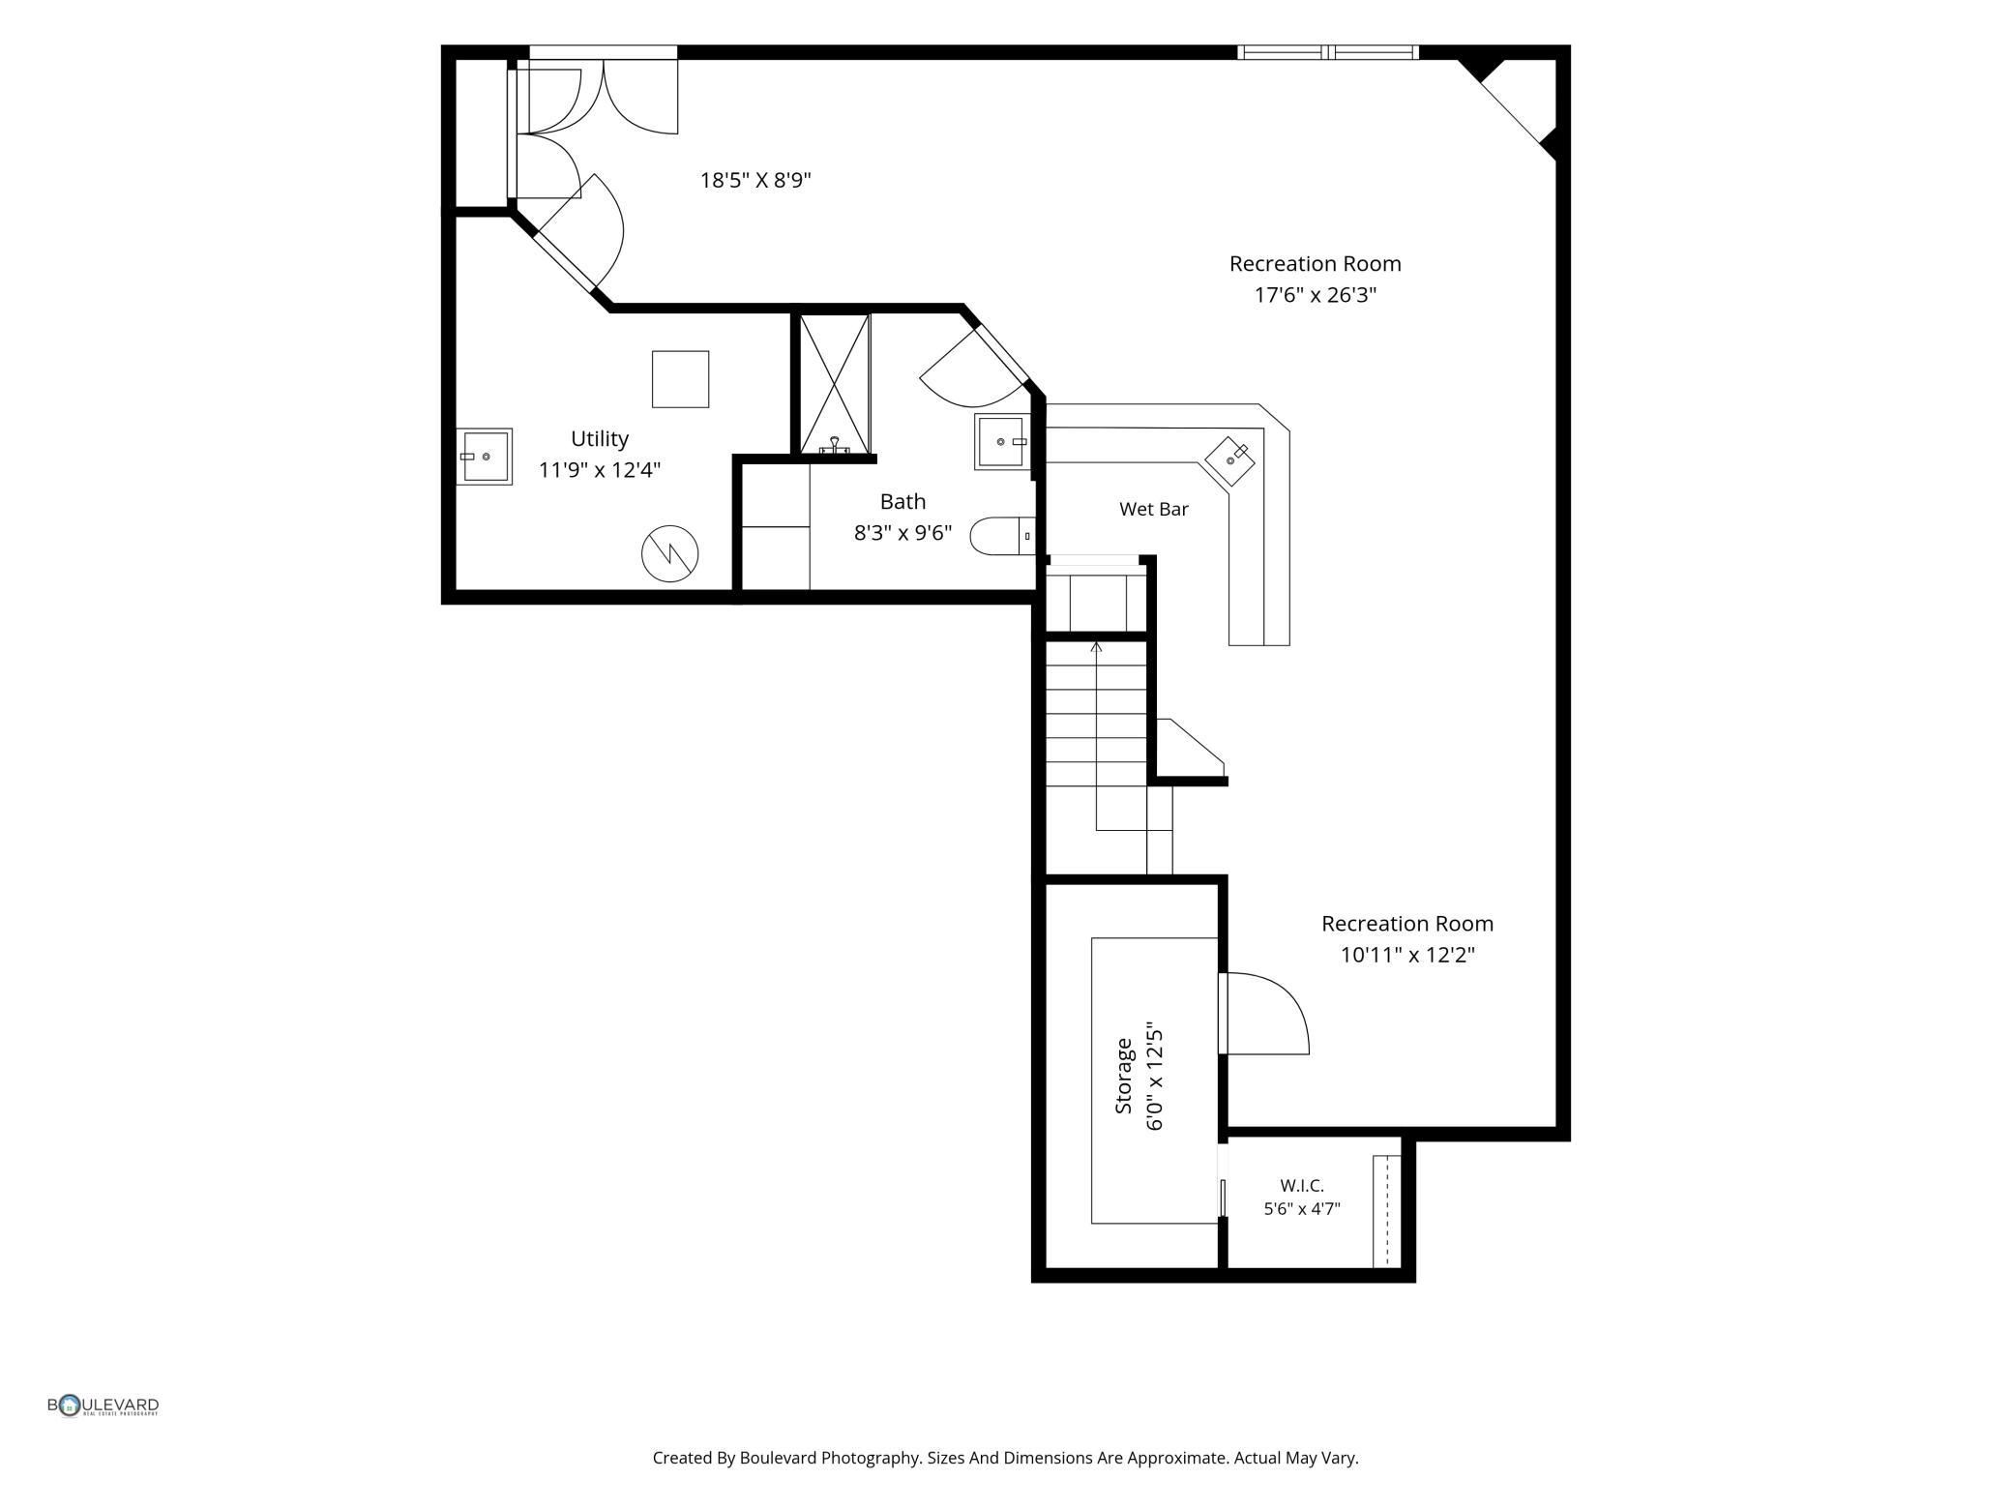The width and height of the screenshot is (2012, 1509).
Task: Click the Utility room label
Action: click(600, 439)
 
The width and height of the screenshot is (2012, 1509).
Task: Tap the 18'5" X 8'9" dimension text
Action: click(755, 180)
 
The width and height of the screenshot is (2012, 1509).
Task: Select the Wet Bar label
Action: click(1154, 509)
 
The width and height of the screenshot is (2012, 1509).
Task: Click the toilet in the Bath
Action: click(1002, 536)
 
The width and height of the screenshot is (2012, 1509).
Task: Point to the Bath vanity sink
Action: click(1002, 442)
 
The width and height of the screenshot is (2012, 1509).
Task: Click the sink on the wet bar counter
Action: click(1230, 459)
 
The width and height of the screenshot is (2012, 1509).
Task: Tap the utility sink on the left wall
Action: click(484, 456)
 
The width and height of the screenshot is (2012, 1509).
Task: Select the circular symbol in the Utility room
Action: click(670, 553)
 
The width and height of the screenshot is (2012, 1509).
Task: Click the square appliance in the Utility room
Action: click(680, 379)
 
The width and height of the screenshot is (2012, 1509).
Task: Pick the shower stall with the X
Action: click(835, 384)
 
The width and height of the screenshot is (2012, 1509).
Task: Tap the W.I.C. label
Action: click(1302, 1185)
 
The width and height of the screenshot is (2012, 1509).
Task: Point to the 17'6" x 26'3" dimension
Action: click(1316, 295)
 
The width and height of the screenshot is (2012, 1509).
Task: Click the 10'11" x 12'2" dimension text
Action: click(1407, 956)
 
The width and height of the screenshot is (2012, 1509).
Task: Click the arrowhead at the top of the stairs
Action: click(1096, 645)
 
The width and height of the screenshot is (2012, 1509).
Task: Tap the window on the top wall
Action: click(1329, 52)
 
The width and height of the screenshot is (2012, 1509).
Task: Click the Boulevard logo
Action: click(104, 1405)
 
